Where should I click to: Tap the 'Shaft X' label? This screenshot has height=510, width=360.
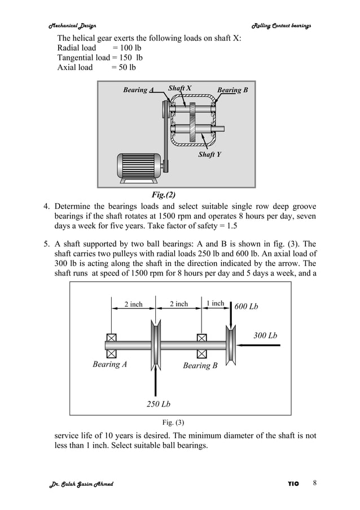179,88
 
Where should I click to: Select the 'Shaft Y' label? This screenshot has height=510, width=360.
209,154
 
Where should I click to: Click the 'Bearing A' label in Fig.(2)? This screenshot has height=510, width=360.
135,90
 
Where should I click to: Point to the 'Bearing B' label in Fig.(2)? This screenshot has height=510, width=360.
232,90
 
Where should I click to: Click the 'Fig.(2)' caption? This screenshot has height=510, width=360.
164,195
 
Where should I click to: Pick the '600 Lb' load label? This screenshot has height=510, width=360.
246,306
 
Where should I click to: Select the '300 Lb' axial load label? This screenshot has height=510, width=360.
265,335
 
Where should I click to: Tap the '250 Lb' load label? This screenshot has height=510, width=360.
159,404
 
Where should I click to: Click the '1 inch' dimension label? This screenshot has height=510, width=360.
215,304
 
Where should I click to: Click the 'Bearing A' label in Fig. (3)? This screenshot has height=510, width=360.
109,364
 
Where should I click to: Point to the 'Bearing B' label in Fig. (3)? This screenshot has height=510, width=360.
200,365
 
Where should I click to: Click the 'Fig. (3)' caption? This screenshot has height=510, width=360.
173,422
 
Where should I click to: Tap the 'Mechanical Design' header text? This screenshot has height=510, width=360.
72,26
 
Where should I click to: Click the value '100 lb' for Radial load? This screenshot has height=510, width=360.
127,48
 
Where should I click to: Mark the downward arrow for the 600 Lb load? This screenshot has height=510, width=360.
231,319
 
